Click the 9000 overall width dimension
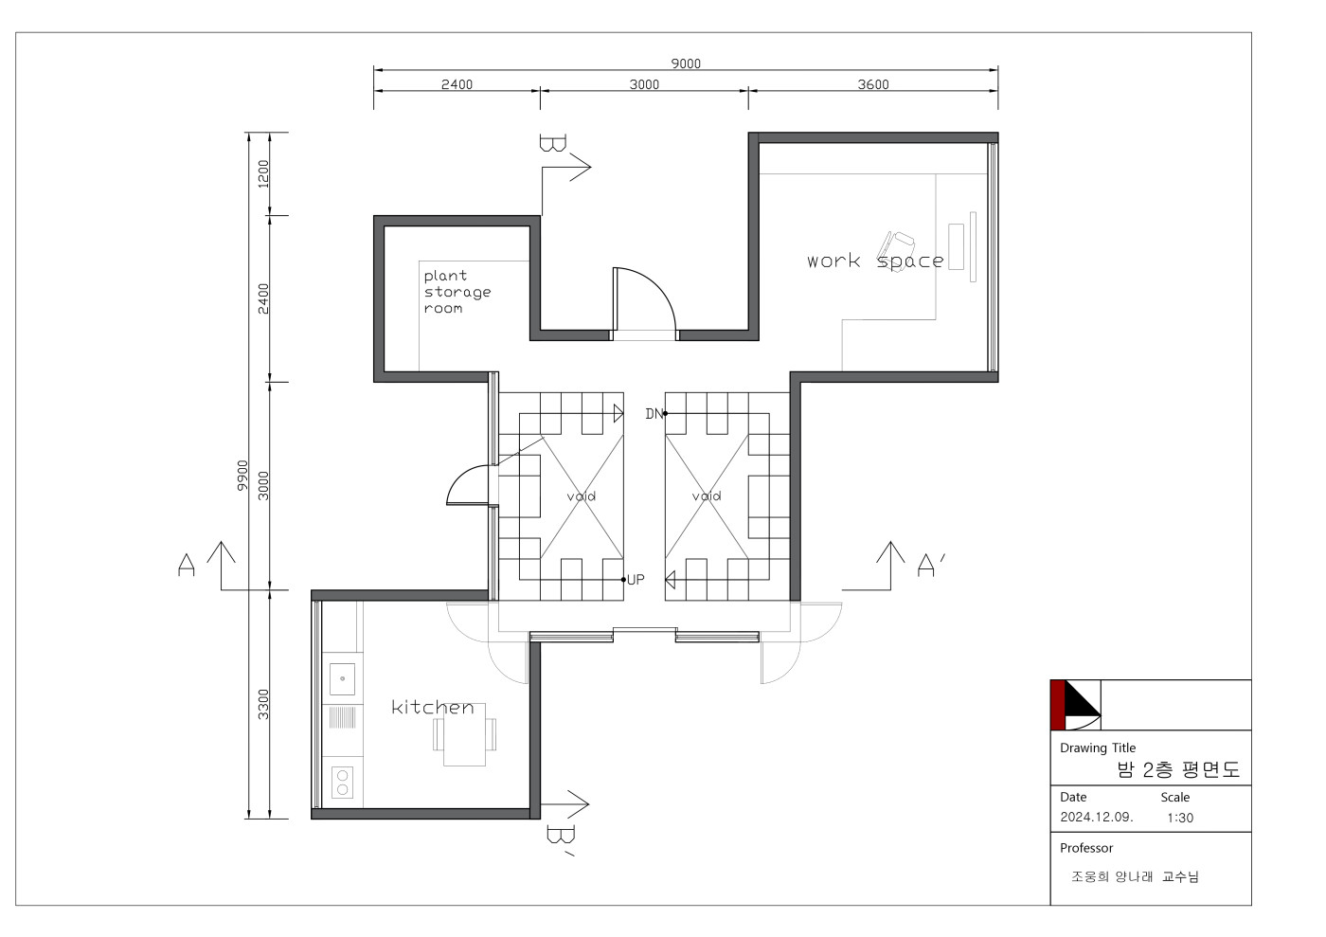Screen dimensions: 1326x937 (686, 63)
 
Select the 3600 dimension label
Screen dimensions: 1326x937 (873, 84)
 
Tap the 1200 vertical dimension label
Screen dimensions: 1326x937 (263, 173)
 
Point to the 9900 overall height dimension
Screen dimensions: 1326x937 (242, 475)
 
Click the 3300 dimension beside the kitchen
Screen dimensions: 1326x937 (263, 704)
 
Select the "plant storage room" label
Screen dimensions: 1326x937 (457, 292)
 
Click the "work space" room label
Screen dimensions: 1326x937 (875, 261)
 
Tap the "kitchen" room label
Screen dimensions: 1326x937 (433, 707)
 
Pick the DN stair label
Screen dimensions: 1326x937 (654, 414)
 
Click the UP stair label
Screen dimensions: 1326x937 (636, 580)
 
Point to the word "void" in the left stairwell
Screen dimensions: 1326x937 (582, 496)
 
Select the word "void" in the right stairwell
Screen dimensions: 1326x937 (707, 496)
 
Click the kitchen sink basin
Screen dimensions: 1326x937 (342, 678)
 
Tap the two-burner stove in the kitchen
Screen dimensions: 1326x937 (342, 783)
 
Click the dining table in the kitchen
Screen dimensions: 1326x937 (465, 734)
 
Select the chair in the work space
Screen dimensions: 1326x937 (896, 250)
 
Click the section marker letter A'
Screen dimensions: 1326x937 (930, 565)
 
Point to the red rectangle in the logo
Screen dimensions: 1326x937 (1058, 705)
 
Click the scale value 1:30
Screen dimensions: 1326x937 (1180, 818)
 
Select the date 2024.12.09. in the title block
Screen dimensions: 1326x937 (1097, 817)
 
